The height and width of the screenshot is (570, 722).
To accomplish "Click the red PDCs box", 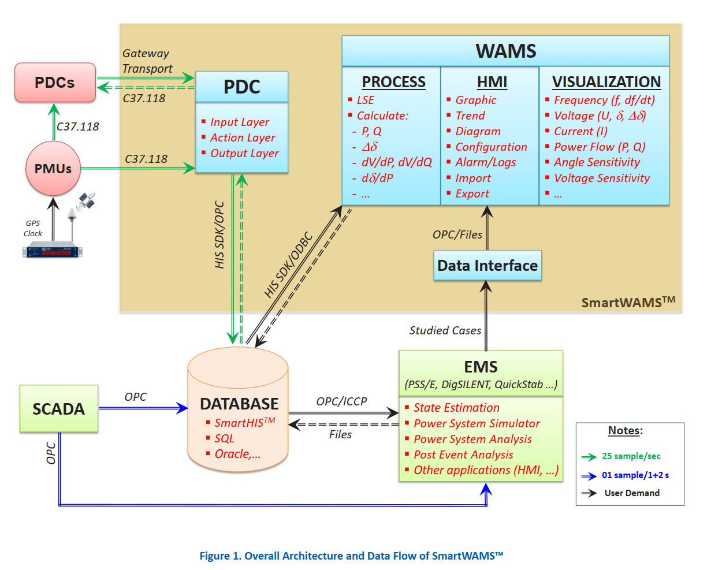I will (x=55, y=83).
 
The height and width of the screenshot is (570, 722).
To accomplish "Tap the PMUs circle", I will (x=53, y=169).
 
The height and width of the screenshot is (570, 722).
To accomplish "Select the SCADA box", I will (x=58, y=409).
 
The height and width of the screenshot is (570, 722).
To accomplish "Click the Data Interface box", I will (x=487, y=266).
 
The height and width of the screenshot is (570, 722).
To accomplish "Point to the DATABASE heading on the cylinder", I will (x=239, y=404).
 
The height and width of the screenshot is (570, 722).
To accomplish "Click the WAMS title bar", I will (x=505, y=51).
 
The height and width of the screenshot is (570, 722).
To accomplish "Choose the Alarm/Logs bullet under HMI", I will (x=485, y=163).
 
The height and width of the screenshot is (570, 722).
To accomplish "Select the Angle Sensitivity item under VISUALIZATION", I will (x=597, y=163).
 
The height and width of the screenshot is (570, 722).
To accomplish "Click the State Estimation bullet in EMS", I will (x=456, y=408).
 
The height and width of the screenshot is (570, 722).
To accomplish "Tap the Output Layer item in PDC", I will (x=244, y=154).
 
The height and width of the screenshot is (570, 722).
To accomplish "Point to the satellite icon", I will (x=87, y=200).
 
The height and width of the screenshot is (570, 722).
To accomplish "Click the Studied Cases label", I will (x=445, y=330).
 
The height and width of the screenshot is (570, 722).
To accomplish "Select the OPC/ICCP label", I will (x=341, y=401).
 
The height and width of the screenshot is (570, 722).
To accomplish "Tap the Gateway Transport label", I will (x=147, y=61).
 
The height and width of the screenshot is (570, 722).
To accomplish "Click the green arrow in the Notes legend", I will (x=589, y=457).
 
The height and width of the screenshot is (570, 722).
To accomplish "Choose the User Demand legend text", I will (x=632, y=493).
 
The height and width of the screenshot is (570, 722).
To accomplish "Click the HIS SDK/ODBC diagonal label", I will (x=288, y=265).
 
